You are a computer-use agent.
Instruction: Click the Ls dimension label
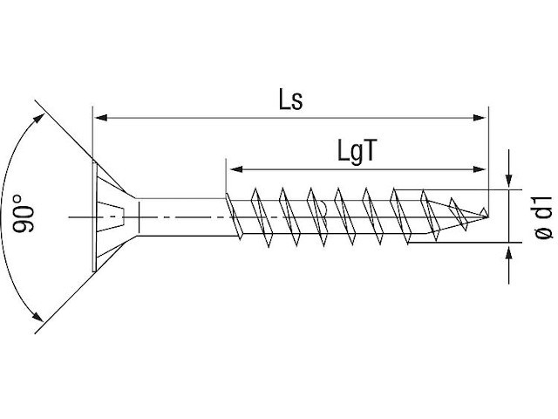click(x=290, y=100)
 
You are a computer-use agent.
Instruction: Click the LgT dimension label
click(x=357, y=151)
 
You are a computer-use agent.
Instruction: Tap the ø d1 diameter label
click(x=543, y=217)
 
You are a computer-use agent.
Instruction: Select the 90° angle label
click(x=24, y=213)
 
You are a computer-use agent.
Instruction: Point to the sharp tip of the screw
click(x=488, y=216)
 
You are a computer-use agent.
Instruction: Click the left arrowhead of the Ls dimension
click(x=101, y=118)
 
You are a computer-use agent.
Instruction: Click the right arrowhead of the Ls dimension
click(x=479, y=118)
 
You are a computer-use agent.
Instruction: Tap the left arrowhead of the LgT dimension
click(x=236, y=169)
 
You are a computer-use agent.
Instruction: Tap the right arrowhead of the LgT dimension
click(x=479, y=169)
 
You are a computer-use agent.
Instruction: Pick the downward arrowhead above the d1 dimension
click(x=509, y=181)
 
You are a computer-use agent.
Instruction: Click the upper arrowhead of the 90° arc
click(x=39, y=119)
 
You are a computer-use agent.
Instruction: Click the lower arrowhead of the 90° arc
click(x=37, y=315)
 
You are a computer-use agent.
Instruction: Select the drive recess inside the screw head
click(x=110, y=216)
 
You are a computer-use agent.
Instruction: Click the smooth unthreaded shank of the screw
click(x=182, y=216)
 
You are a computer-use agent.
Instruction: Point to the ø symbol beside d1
click(x=544, y=232)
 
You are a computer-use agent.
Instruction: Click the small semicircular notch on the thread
click(x=322, y=208)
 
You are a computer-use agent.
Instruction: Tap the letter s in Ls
click(x=296, y=103)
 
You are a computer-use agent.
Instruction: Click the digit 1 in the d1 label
click(x=544, y=200)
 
